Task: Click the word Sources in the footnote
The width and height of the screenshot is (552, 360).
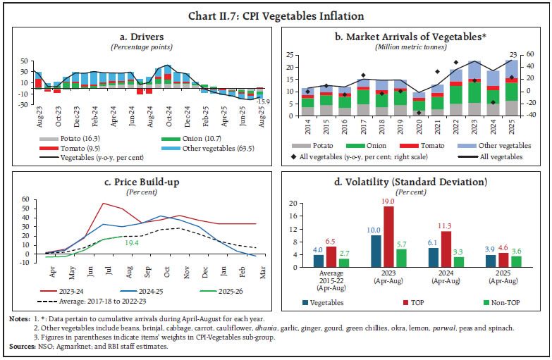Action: (20, 346)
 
